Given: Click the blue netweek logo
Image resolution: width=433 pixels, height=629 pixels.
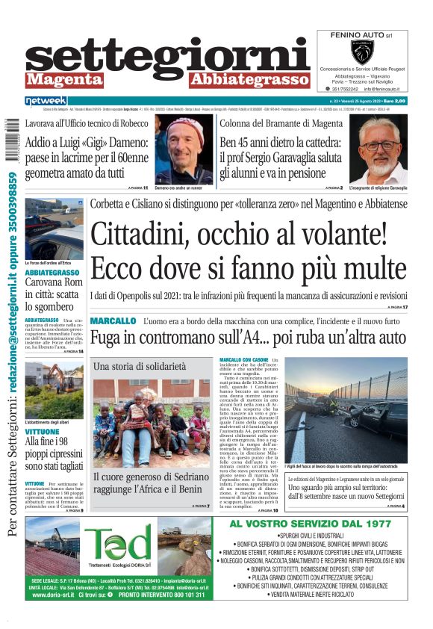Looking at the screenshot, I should pyautogui.click(x=46, y=100).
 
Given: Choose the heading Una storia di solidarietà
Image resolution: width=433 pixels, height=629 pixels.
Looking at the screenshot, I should pyautogui.click(x=140, y=367).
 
